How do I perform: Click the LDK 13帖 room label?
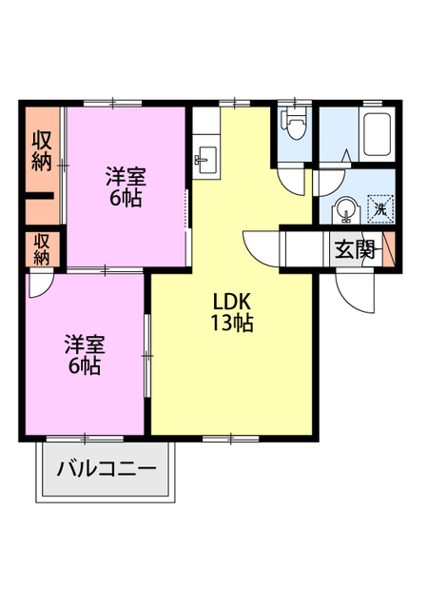pyautogui.click(x=232, y=312)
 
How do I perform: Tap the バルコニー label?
pyautogui.click(x=106, y=469)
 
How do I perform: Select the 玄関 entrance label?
pyautogui.click(x=355, y=249)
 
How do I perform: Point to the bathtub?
pyautogui.click(x=377, y=134)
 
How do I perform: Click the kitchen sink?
pyautogui.click(x=206, y=160)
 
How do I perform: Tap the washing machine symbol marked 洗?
pyautogui.click(x=380, y=209)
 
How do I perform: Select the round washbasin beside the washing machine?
pyautogui.click(x=345, y=210)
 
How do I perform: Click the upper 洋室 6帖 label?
pyautogui.click(x=126, y=187)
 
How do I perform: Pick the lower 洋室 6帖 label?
pyautogui.click(x=85, y=354)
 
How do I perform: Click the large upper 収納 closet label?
pyautogui.click(x=42, y=150)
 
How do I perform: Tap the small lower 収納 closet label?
pyautogui.click(x=42, y=249)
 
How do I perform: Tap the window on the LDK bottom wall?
pyautogui.click(x=230, y=439)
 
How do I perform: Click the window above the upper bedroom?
pyautogui.click(x=112, y=104)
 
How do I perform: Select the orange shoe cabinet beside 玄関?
pyautogui.click(x=389, y=249)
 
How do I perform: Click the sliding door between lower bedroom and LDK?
pyautogui.click(x=147, y=356)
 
